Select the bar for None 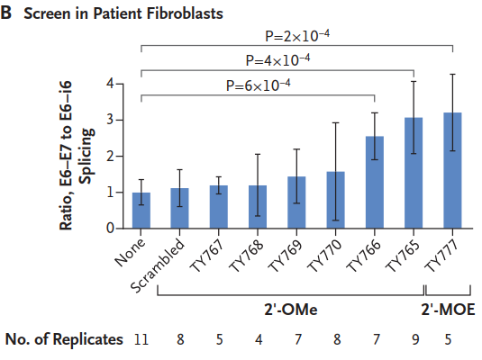coord(141,211)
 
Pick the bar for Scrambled coord(180,209)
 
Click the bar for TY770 coord(335,200)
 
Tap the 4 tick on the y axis coord(110,84)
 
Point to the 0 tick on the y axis coord(110,229)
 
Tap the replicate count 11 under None coord(141,339)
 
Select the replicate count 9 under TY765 coord(413,339)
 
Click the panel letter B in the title coord(8,13)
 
